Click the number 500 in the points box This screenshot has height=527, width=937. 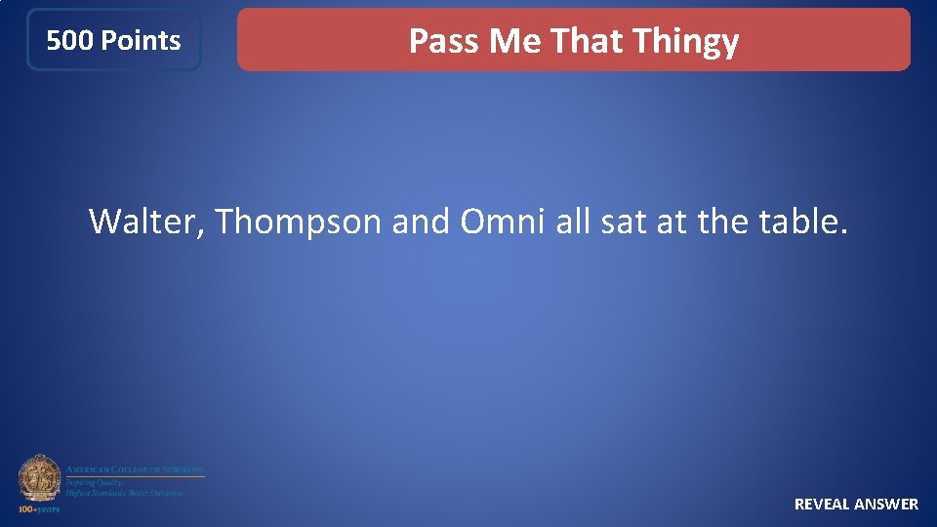click(70, 41)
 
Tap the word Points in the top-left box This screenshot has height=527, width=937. click(141, 41)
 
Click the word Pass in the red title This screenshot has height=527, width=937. click(444, 41)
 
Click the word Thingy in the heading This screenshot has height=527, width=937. click(685, 42)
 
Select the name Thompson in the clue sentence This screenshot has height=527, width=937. click(299, 223)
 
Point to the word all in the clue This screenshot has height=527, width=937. click(573, 222)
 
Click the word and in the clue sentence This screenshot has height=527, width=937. click(421, 222)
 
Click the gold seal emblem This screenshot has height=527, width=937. click(39, 478)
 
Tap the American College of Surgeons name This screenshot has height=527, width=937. click(135, 469)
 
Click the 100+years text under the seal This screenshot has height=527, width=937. click(39, 509)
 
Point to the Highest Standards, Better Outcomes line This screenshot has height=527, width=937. click(124, 493)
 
